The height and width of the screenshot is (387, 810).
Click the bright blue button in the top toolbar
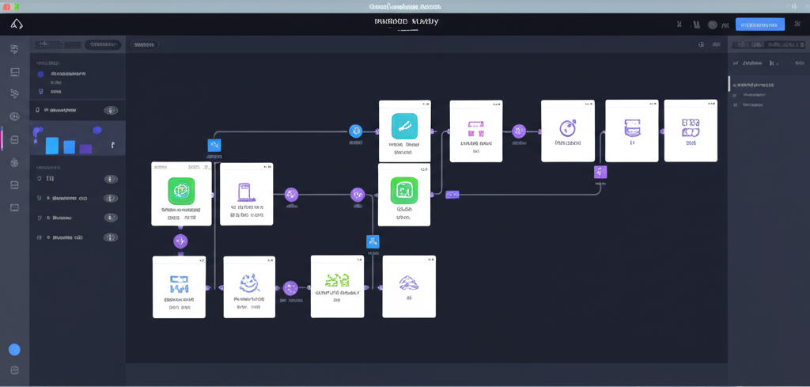(759, 25)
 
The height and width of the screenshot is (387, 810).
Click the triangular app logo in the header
(17, 25)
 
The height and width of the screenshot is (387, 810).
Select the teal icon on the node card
(404, 126)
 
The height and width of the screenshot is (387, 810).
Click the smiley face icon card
(249, 283)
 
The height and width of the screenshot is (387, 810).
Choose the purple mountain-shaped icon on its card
(409, 282)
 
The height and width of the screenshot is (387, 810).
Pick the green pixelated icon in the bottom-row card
(338, 279)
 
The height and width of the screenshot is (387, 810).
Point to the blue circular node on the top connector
(355, 131)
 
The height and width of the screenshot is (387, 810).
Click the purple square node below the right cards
(600, 172)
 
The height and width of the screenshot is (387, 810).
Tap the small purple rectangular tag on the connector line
(452, 194)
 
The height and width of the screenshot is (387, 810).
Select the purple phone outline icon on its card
(244, 192)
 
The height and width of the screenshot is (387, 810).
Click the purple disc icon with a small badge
(567, 127)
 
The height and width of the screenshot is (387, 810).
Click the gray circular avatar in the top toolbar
(713, 25)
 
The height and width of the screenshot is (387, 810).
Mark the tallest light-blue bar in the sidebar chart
(52, 145)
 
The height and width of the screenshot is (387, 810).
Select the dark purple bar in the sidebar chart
(85, 148)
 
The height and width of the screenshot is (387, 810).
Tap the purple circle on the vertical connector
(180, 241)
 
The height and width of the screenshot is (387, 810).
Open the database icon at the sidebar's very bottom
(14, 370)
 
